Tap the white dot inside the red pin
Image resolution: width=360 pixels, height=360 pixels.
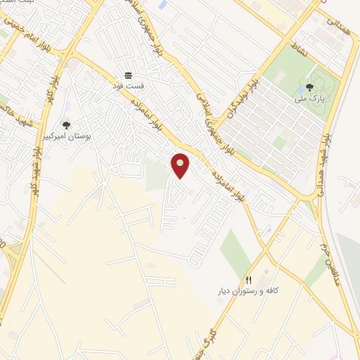pyautogui.click(x=181, y=163)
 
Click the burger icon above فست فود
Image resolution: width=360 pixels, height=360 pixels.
pyautogui.click(x=129, y=75)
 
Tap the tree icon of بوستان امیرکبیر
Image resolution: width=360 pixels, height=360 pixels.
pyautogui.click(x=66, y=125)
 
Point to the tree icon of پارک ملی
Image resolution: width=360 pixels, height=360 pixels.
pyautogui.click(x=309, y=87)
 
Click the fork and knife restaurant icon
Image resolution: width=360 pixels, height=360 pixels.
pyautogui.click(x=248, y=280)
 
